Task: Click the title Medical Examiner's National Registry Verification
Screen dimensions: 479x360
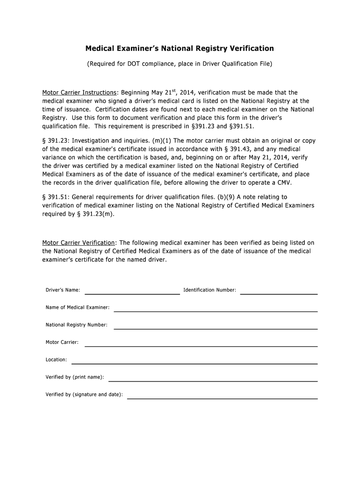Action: (x=180, y=49)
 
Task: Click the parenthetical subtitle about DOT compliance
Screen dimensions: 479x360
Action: (x=180, y=63)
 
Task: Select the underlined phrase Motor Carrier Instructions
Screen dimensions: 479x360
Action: (x=79, y=93)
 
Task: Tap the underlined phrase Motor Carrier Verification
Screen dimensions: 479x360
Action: (x=79, y=243)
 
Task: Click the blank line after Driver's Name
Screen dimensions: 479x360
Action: (x=132, y=293)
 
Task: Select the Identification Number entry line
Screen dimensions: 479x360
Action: (x=279, y=293)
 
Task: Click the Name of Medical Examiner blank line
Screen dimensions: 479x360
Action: (x=216, y=311)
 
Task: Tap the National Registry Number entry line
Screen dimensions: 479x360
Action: (x=216, y=328)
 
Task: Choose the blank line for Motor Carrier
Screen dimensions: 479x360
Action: (x=201, y=345)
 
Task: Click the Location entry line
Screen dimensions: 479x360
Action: (x=194, y=363)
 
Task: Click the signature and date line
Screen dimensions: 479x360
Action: (x=223, y=398)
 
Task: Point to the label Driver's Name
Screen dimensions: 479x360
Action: (x=63, y=290)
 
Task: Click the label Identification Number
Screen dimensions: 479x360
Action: (x=209, y=290)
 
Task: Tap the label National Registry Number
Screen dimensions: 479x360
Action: (x=76, y=325)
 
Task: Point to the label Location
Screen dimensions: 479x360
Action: (x=56, y=360)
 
